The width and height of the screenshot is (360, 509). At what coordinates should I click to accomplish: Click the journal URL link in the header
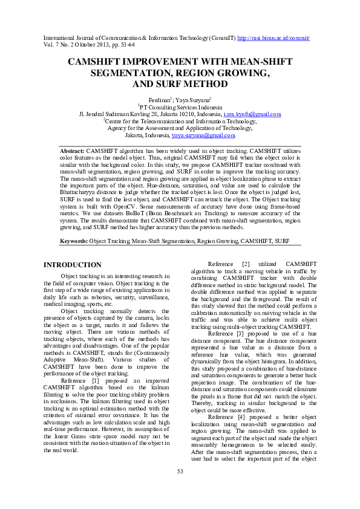[274, 38]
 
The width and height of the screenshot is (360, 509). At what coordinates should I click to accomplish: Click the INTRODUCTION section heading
[73, 265]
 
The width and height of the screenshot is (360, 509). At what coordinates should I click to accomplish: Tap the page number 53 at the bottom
[180, 488]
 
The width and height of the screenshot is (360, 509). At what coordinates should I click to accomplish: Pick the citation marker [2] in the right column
[246, 264]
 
